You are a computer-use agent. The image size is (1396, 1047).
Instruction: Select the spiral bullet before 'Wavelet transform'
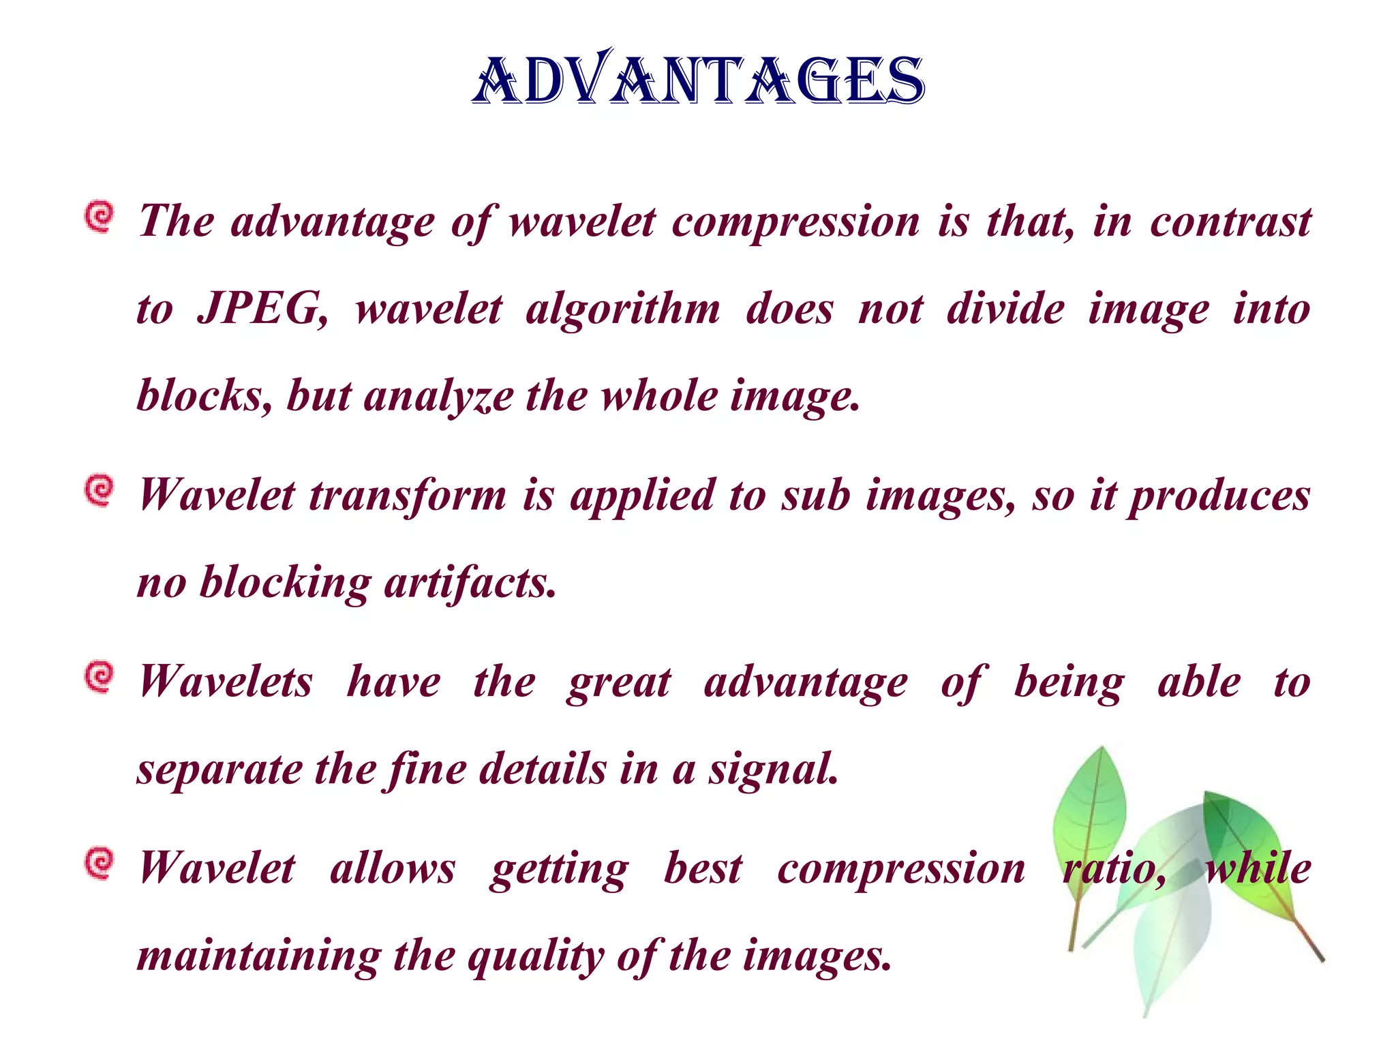click(x=100, y=491)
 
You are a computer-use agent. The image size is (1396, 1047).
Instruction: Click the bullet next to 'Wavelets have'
click(x=100, y=678)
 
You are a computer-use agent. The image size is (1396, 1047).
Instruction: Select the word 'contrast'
click(x=1230, y=222)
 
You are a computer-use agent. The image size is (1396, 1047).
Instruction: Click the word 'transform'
click(x=408, y=496)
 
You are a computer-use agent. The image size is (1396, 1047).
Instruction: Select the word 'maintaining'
click(x=259, y=957)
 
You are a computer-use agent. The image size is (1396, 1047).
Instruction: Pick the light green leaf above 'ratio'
click(x=1091, y=811)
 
